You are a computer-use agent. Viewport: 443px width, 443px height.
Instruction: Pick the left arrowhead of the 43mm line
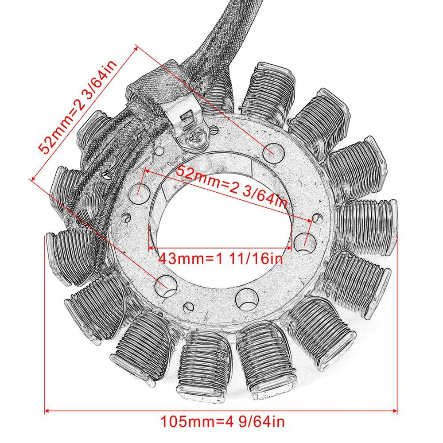click(x=151, y=248)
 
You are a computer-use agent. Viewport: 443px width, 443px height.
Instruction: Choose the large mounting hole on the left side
click(x=142, y=190)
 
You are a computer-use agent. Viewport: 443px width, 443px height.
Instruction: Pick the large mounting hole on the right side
click(x=302, y=241)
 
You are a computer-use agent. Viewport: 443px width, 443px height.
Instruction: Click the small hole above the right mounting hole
click(x=316, y=218)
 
